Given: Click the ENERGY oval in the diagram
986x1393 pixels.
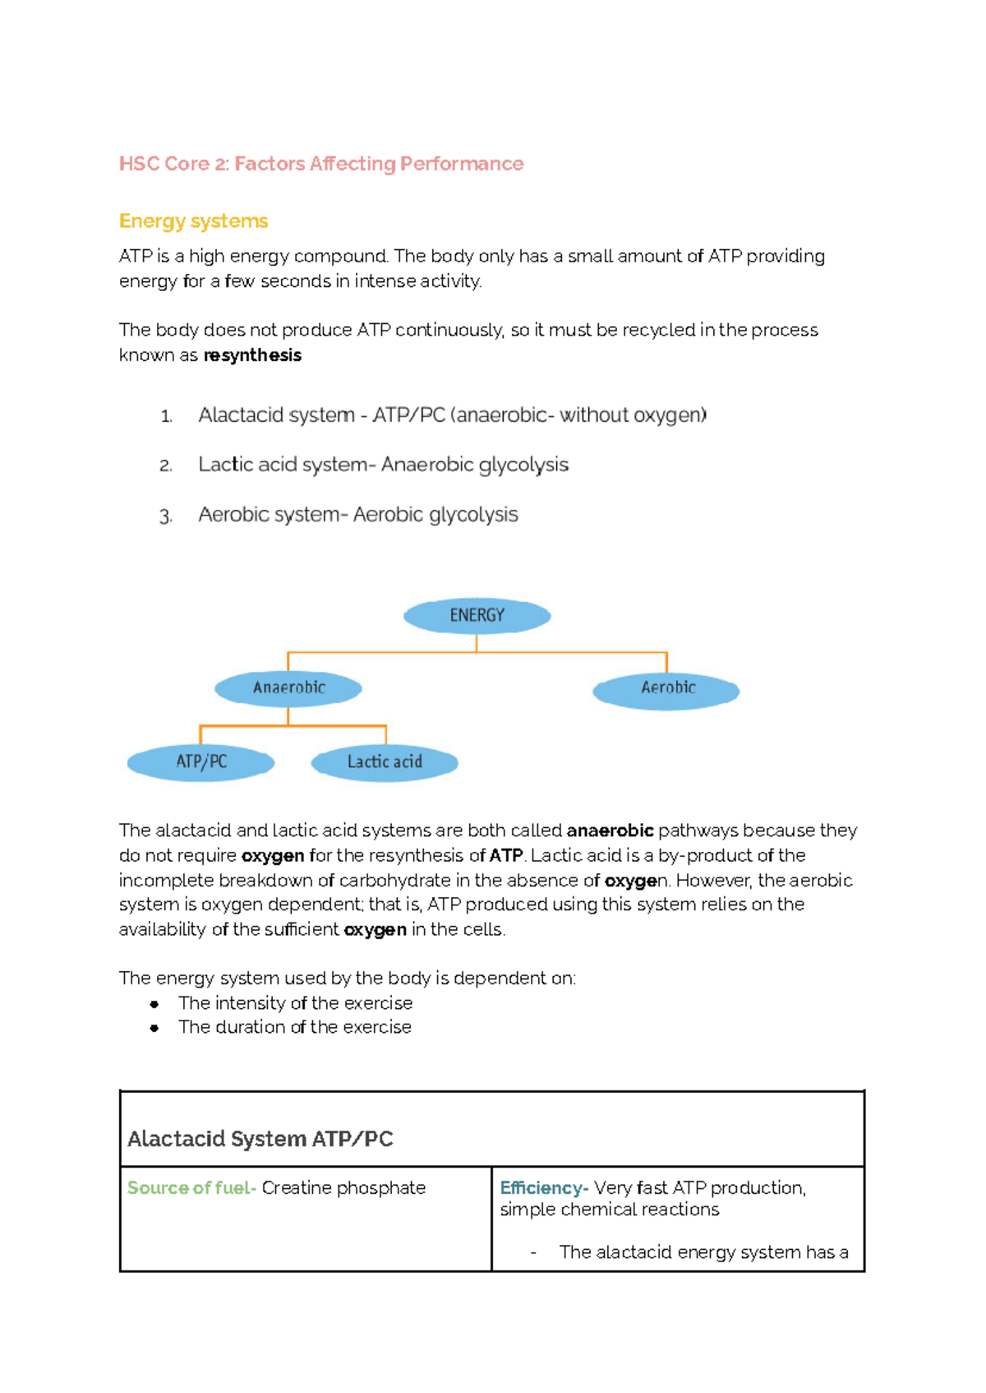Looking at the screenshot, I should [477, 616].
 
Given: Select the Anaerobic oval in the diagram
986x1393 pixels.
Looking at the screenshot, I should [288, 688].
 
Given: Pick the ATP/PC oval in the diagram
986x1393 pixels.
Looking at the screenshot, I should [201, 762].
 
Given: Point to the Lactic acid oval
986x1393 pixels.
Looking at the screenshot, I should [385, 762].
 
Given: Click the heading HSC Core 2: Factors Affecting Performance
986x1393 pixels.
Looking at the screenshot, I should [321, 164].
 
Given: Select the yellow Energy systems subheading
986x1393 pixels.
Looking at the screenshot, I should [194, 221].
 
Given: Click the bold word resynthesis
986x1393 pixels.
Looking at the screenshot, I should [252, 355].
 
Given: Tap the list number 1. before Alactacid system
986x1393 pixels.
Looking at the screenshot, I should [166, 417].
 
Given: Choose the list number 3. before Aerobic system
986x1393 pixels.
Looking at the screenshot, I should [165, 516].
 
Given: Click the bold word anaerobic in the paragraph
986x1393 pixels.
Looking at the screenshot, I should [610, 831].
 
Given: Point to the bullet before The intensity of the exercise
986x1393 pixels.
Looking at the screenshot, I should [154, 1004].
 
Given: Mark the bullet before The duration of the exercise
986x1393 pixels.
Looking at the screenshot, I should [154, 1028].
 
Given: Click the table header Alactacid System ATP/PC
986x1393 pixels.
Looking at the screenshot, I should [260, 1139].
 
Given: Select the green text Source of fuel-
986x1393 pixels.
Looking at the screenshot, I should [191, 1188].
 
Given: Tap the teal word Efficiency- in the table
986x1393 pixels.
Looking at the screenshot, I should [544, 1188].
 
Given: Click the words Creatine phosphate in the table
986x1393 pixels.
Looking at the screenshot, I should [343, 1188].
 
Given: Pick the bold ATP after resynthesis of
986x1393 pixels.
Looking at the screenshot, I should [506, 855].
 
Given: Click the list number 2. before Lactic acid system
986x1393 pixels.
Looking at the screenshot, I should [166, 466].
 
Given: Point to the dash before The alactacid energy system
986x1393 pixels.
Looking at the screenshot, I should [534, 1252].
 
